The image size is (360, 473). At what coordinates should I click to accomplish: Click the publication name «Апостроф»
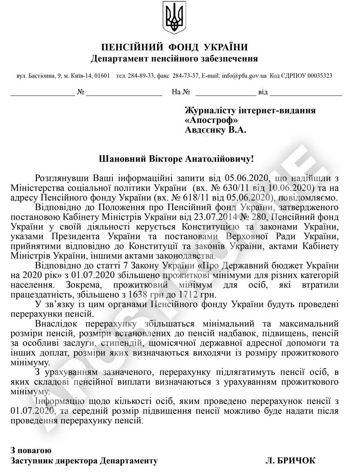pos(211,121)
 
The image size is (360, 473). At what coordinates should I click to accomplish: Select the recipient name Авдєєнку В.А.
pos(216,130)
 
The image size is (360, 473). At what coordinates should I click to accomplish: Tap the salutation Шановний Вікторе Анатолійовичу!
pos(176,159)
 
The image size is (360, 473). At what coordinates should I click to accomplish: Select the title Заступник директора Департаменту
pos(84,461)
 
